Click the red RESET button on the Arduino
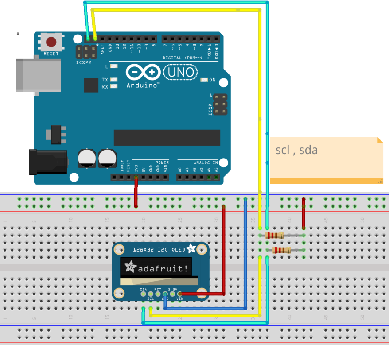pyautogui.click(x=51, y=42)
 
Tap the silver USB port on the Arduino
pyautogui.click(x=38, y=75)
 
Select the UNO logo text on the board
pyautogui.click(x=180, y=72)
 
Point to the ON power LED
pyautogui.click(x=204, y=80)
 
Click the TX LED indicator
pyautogui.click(x=114, y=80)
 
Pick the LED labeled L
pyautogui.click(x=114, y=66)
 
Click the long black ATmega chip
pyautogui.click(x=167, y=138)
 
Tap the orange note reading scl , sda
pyautogui.click(x=326, y=159)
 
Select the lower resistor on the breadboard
pyautogui.click(x=282, y=250)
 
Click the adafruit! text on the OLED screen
pyautogui.click(x=163, y=268)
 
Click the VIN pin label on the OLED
pyautogui.click(x=179, y=299)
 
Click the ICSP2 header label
pyautogui.click(x=83, y=62)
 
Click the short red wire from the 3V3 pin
pyautogui.click(x=136, y=193)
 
